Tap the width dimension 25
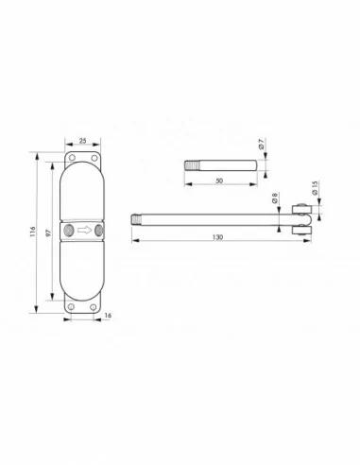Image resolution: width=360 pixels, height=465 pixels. click(x=82, y=141)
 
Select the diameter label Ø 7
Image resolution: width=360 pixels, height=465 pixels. click(x=262, y=146)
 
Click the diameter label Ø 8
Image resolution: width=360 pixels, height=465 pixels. click(x=275, y=200)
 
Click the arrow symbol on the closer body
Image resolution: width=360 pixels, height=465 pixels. click(x=83, y=229)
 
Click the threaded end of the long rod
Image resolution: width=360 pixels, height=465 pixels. click(x=134, y=221)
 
